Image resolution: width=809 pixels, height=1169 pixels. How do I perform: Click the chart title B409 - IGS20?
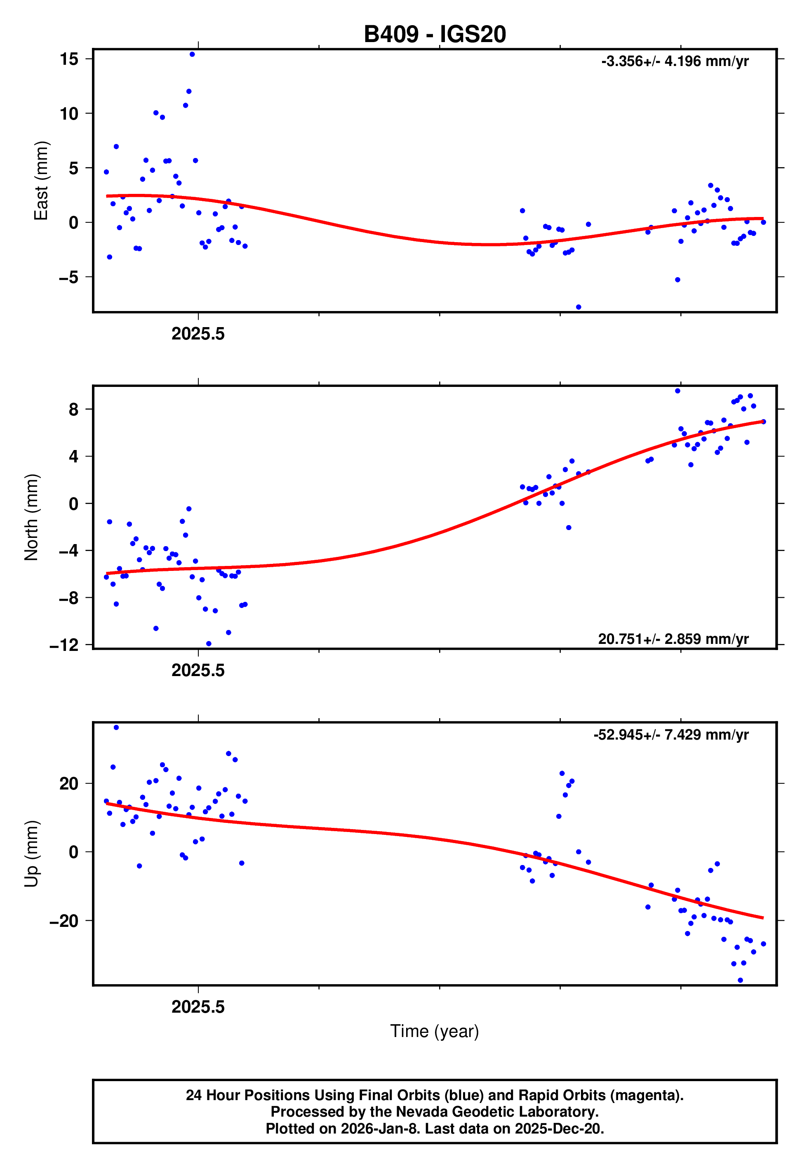click(435, 34)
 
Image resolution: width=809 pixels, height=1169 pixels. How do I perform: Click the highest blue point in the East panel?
click(192, 54)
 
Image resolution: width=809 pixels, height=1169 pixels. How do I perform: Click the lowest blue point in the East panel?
click(579, 307)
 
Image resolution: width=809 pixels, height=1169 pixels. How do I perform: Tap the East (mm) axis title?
click(41, 181)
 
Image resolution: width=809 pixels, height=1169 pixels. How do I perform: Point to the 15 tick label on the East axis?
click(69, 59)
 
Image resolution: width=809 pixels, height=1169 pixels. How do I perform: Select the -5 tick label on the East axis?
click(68, 277)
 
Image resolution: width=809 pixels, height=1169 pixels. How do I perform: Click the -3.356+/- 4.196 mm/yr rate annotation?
click(675, 61)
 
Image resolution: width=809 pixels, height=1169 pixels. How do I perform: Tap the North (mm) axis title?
click(31, 517)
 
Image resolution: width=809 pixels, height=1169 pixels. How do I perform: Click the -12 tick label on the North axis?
click(64, 645)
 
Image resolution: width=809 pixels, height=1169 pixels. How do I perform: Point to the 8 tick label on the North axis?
click(73, 409)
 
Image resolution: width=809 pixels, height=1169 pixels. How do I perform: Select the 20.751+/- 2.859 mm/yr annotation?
click(673, 639)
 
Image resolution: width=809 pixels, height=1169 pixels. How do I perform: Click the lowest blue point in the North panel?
click(208, 644)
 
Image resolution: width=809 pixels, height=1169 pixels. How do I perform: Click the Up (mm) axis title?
click(31, 854)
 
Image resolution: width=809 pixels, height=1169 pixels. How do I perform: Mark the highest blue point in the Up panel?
click(116, 728)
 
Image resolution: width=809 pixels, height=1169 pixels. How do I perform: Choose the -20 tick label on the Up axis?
click(64, 921)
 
